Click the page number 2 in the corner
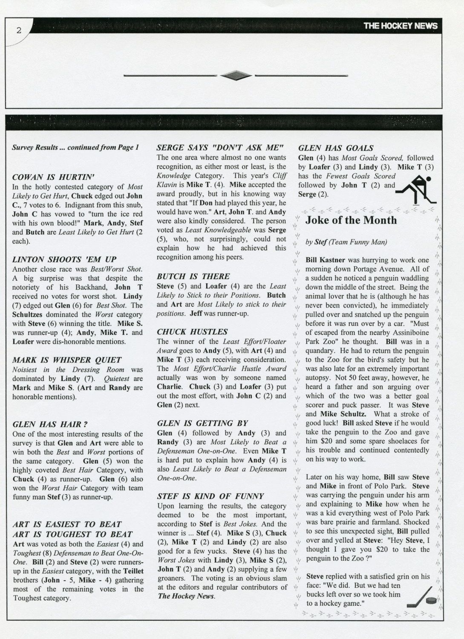click(x=18, y=30)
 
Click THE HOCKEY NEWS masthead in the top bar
click(x=400, y=26)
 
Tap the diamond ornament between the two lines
click(x=236, y=76)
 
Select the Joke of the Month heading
click(x=351, y=220)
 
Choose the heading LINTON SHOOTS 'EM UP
click(x=64, y=259)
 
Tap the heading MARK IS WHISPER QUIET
click(x=67, y=360)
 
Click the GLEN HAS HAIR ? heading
click(x=50, y=424)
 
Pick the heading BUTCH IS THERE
click(x=193, y=276)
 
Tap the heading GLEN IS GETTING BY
click(x=202, y=423)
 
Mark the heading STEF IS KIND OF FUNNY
click(x=210, y=496)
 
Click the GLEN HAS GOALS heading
click(x=336, y=148)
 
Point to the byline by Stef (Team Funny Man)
click(x=346, y=242)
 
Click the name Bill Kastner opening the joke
click(x=325, y=260)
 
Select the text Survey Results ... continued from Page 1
click(x=75, y=147)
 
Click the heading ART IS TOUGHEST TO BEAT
click(x=72, y=534)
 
